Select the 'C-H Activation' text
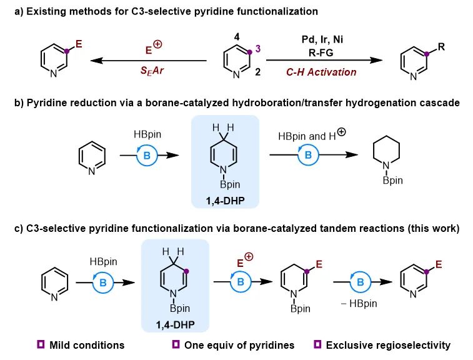coord(321,72)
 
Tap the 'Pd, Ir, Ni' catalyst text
coord(322,39)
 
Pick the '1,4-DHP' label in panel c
coord(177,325)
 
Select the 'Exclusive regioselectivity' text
coord(389,345)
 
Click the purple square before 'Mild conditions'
coord(41,344)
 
